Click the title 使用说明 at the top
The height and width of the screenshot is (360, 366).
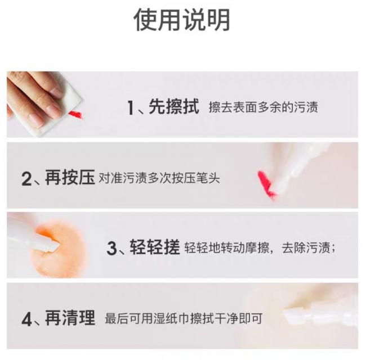(182, 20)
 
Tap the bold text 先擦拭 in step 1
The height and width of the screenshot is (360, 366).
(174, 107)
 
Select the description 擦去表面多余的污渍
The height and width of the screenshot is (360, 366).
(264, 107)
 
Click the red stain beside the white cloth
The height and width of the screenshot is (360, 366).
(75, 115)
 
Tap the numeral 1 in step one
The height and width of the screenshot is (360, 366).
(131, 107)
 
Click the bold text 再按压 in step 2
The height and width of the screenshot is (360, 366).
(70, 178)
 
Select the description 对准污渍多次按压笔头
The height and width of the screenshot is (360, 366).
(159, 178)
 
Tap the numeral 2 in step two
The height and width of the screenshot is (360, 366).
(26, 179)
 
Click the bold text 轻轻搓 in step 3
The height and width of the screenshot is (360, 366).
(155, 247)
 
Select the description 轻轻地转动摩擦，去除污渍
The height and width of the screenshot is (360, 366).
(260, 248)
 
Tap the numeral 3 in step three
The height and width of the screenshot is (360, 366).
(111, 248)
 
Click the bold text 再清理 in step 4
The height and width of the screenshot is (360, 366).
(70, 318)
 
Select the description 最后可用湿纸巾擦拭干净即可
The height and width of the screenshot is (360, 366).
(184, 319)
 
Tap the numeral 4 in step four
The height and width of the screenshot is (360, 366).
(26, 319)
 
